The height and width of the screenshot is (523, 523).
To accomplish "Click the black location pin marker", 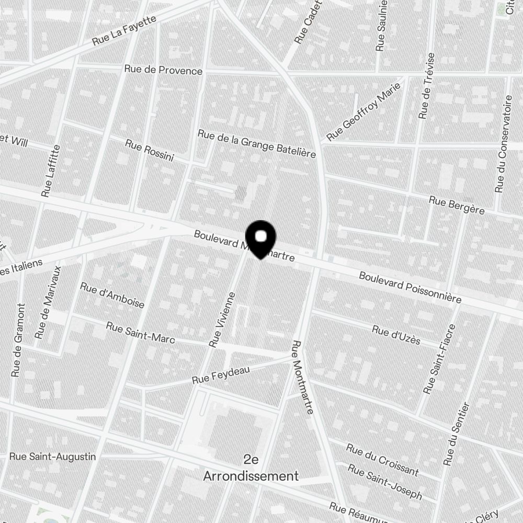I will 260,239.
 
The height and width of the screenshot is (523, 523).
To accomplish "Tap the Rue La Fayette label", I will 124,31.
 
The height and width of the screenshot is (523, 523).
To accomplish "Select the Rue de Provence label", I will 163,70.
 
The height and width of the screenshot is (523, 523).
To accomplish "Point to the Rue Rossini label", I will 150,151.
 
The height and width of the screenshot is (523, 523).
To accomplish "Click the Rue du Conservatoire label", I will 504,143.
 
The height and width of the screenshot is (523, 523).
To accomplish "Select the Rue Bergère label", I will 456,205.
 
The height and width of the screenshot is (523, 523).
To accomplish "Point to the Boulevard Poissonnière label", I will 410,287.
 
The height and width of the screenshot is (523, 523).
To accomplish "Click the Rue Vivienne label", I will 223,320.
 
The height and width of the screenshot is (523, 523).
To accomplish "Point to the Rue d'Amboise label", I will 112,295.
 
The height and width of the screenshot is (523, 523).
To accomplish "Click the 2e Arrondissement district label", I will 251,468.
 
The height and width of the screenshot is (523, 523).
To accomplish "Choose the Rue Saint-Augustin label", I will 53,457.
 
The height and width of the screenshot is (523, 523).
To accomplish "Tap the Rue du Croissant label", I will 382,460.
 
